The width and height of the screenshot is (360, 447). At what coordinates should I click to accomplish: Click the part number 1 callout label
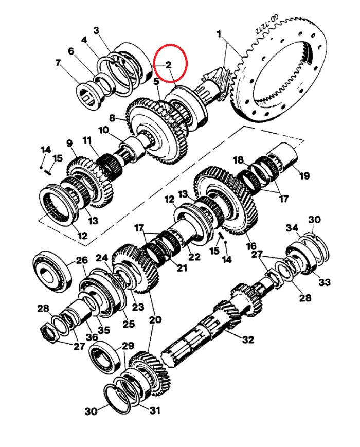219,34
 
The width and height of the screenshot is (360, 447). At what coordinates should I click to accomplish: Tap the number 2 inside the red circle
169,65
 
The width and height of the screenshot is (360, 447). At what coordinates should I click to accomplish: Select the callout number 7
58,62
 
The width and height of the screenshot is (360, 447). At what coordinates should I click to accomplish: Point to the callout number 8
112,117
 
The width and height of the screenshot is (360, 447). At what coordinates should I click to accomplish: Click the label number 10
104,130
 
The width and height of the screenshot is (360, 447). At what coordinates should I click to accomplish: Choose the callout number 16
251,246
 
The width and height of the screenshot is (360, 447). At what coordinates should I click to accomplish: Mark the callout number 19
304,175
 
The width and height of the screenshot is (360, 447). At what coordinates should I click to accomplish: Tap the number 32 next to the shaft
248,339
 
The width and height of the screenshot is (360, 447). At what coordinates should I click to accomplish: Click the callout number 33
325,282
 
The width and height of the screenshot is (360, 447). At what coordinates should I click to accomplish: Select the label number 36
92,337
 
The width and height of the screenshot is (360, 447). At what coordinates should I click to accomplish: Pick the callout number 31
155,410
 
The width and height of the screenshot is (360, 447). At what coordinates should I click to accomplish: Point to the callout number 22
194,257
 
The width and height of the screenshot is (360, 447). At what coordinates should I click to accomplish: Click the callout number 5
156,82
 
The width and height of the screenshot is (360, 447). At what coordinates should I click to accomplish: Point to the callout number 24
102,258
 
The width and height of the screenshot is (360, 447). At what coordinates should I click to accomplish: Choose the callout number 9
70,143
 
